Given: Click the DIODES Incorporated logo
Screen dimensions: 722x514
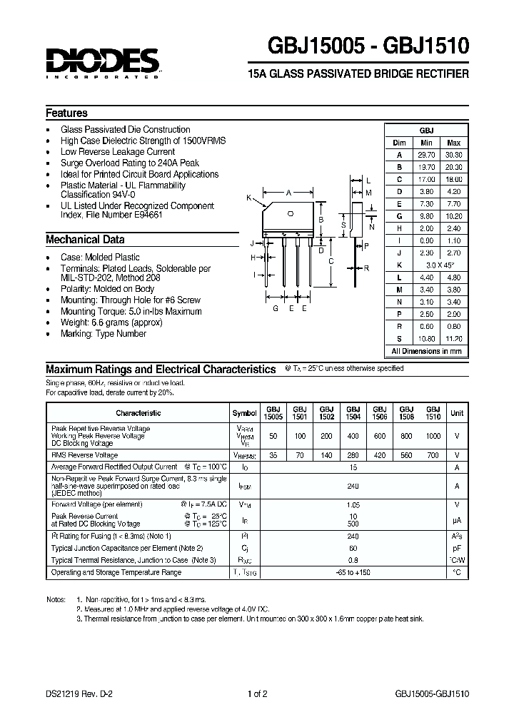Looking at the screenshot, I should tap(102, 62).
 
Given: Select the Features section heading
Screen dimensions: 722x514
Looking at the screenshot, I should tap(66, 113).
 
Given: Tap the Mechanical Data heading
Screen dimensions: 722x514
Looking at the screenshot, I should tap(85, 240).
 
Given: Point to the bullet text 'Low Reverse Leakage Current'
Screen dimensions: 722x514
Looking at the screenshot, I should tap(118, 152).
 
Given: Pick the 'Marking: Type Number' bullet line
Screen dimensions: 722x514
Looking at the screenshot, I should tap(104, 333).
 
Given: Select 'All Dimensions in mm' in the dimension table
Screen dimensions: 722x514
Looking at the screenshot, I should tap(426, 351).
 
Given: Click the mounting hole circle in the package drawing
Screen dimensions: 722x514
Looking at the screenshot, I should tap(290, 213).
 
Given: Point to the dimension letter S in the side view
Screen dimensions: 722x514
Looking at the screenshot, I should tap(343, 225).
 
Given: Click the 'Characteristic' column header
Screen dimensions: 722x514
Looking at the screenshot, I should tap(138, 413).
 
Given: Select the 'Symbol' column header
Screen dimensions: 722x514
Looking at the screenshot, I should tap(245, 413).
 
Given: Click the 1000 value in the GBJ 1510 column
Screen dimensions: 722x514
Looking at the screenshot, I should tap(433, 435).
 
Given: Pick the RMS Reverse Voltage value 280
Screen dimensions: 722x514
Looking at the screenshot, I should tap(353, 454).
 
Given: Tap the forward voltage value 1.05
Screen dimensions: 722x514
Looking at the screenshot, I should tap(353, 503).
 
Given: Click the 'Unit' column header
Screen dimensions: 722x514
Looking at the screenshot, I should tap(457, 413).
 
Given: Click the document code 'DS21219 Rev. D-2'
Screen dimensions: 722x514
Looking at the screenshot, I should tap(77, 693).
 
